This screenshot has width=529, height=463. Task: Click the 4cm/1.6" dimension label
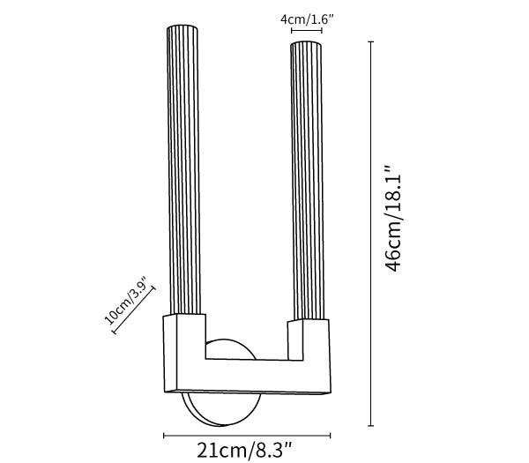[307, 19]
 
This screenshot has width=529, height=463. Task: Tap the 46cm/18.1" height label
[393, 219]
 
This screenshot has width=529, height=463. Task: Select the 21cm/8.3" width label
[244, 450]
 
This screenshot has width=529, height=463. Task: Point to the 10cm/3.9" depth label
[126, 301]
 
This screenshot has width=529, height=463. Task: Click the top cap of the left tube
[183, 27]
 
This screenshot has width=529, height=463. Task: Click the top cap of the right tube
[306, 44]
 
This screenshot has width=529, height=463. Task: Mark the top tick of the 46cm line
[371, 41]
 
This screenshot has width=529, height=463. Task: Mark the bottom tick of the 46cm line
[371, 426]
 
